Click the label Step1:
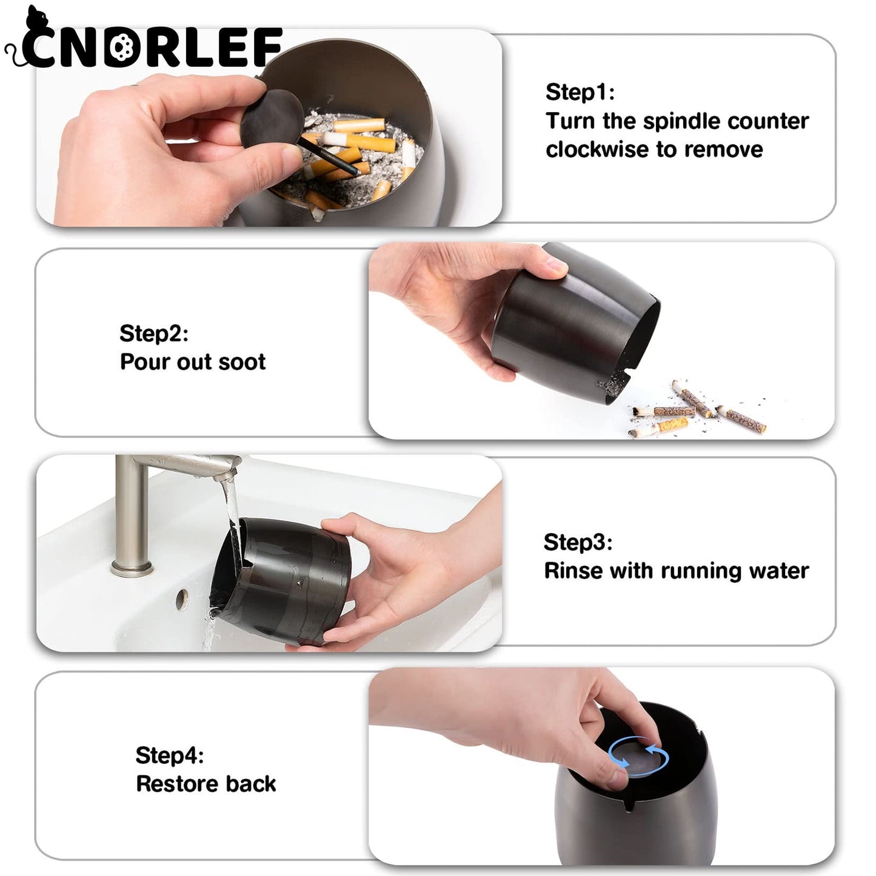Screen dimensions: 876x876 coord(580,92)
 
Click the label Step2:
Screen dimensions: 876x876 coord(153,333)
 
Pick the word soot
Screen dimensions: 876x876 coord(242,362)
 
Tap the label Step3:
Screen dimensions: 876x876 coord(578,542)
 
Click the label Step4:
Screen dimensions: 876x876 coord(169,755)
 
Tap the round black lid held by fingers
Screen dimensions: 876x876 coord(272,116)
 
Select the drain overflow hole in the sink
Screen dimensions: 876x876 coord(181,599)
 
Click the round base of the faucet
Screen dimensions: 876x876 coord(131,567)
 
